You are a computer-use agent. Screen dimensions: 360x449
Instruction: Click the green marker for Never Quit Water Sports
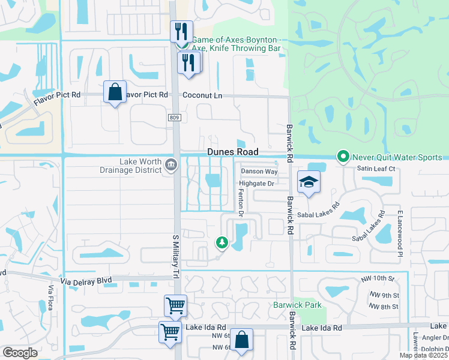pyautogui.click(x=343, y=157)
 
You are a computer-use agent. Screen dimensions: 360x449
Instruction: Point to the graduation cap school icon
pyautogui.click(x=309, y=182)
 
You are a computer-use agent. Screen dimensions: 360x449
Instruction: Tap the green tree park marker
pyautogui.click(x=221, y=242)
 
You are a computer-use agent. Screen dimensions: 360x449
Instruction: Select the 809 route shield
pyautogui.click(x=175, y=118)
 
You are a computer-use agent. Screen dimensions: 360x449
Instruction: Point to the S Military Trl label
pyautogui.click(x=176, y=256)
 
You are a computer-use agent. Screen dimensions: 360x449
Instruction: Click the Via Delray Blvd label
pyautogui.click(x=86, y=280)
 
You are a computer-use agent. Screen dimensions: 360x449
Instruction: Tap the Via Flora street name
pyautogui.click(x=50, y=297)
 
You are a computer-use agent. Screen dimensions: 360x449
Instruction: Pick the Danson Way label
pyautogui.click(x=259, y=172)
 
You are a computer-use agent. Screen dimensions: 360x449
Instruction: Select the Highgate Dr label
pyautogui.click(x=256, y=184)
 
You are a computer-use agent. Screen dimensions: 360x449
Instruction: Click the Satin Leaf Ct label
pyautogui.click(x=376, y=169)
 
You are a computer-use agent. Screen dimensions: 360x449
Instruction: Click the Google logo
pyautogui.click(x=20, y=352)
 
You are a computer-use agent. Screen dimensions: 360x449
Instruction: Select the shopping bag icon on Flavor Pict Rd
pyautogui.click(x=115, y=92)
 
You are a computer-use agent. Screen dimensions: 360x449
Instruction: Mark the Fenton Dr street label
pyautogui.click(x=241, y=203)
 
